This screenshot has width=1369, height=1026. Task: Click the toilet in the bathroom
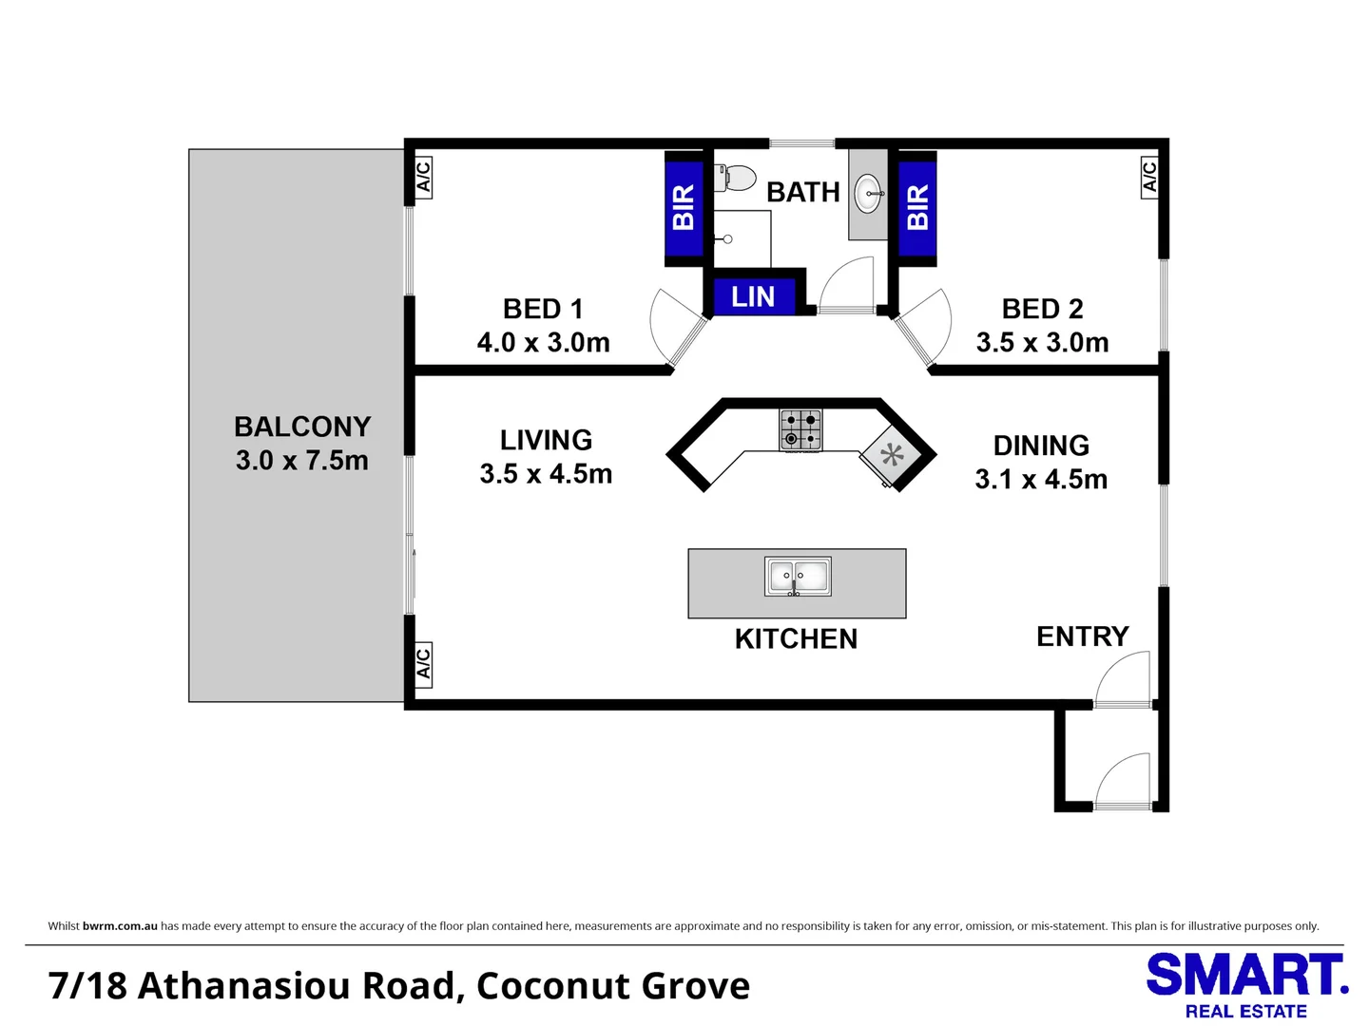coord(735,179)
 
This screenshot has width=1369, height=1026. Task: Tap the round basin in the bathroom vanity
coord(868,194)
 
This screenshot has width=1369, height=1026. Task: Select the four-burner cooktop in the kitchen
coord(800,429)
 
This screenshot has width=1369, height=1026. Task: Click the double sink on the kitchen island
coord(798,577)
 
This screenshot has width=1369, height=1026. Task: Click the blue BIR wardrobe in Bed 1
coord(684,208)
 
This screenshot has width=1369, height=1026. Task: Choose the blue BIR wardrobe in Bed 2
coord(917,208)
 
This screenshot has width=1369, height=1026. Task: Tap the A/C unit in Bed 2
coord(1149,178)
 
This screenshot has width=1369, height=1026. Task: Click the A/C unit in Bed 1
coord(423,178)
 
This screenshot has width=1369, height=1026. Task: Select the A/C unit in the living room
coord(423,665)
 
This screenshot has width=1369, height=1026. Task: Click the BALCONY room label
coord(302,427)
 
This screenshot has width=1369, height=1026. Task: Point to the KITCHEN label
coord(797,639)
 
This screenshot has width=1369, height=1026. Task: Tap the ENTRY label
coord(1083,636)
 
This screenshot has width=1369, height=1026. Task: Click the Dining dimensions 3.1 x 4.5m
coord(1041,479)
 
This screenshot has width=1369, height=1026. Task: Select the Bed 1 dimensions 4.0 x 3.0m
coord(543,343)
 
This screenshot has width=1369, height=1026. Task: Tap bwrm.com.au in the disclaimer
coord(120,925)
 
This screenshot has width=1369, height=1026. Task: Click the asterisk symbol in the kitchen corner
coord(892,455)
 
